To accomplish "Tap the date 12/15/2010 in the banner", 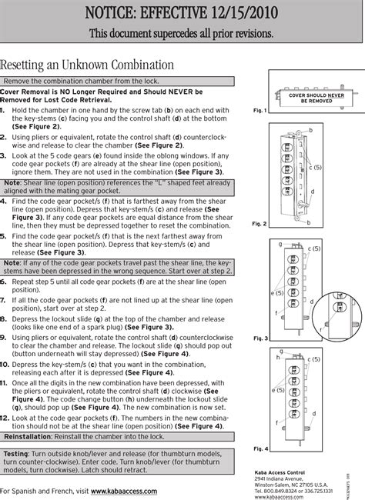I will point(266,14).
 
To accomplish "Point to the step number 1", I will point(5,110).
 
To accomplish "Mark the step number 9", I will point(5,336).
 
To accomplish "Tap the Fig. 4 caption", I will point(260,448).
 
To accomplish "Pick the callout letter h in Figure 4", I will point(278,358).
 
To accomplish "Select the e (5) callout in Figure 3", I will point(278,293).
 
